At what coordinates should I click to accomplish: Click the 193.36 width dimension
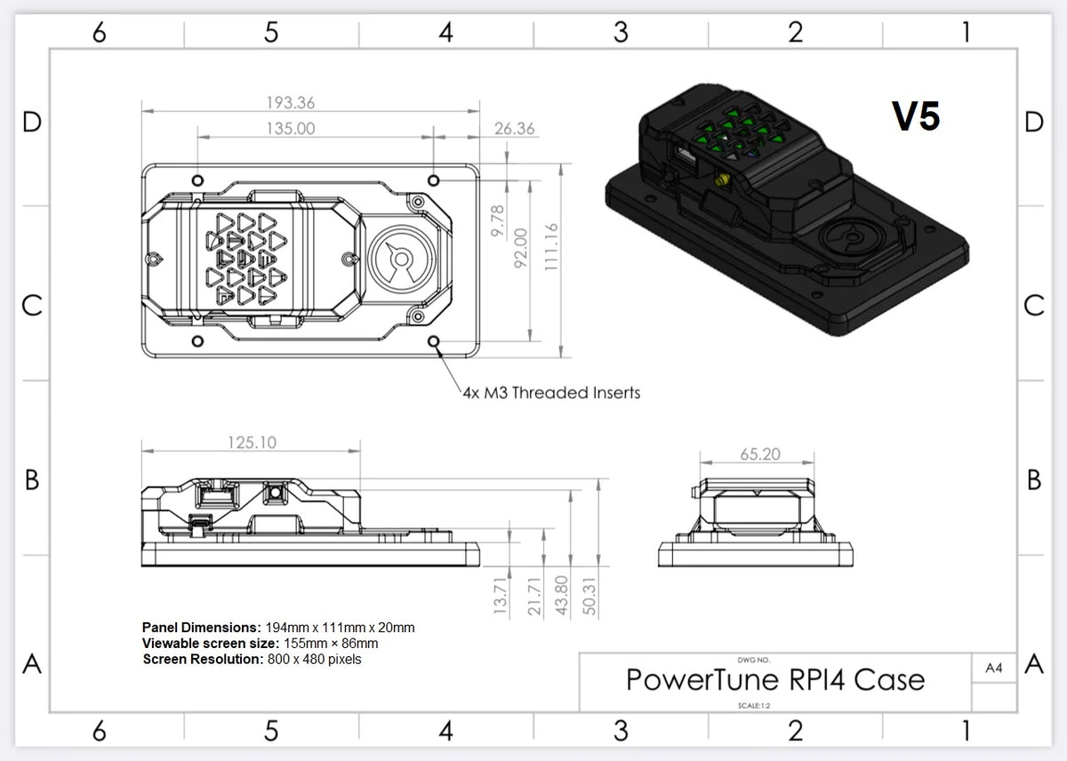tap(291, 103)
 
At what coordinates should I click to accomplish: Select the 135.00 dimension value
tap(291, 129)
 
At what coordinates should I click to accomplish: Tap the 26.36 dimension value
tap(514, 129)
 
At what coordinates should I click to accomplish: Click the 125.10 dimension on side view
tap(252, 443)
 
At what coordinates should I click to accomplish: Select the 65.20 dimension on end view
tap(759, 454)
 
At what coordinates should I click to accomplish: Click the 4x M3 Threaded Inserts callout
tap(551, 392)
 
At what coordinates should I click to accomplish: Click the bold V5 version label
tap(916, 116)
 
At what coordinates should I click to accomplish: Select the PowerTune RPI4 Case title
tap(775, 680)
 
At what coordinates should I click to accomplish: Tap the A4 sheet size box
tap(994, 668)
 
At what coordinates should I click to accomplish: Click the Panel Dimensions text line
tap(278, 628)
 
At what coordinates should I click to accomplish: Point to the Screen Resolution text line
tap(252, 660)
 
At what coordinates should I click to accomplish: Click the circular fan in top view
tap(400, 259)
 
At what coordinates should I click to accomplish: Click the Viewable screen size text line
tap(260, 644)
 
